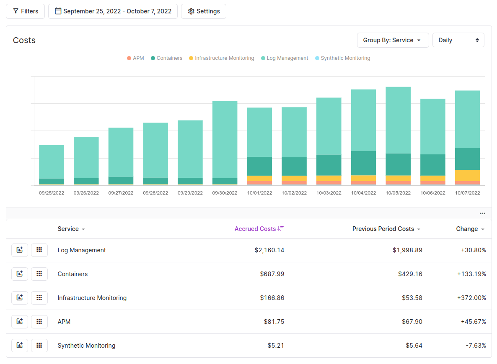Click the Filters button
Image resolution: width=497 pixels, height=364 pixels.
[25, 11]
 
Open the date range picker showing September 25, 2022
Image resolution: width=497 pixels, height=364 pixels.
[113, 11]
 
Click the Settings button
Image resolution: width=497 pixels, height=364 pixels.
[204, 11]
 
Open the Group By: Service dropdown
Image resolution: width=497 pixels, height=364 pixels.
[393, 40]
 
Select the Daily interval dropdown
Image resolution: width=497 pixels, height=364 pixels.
[458, 40]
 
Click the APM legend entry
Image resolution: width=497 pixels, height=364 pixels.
[135, 58]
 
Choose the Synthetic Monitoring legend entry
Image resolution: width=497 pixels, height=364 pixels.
[342, 58]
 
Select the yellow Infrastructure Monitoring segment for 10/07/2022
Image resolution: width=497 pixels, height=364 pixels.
[467, 175]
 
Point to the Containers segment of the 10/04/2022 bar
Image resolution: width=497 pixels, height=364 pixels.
[363, 163]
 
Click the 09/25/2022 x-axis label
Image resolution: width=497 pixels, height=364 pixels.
[52, 193]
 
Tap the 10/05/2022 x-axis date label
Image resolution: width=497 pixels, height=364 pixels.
[398, 193]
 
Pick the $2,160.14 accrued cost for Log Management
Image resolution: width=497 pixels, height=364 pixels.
[269, 250]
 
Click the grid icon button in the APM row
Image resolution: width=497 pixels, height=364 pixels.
[39, 321]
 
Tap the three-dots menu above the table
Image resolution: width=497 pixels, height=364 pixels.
[482, 213]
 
